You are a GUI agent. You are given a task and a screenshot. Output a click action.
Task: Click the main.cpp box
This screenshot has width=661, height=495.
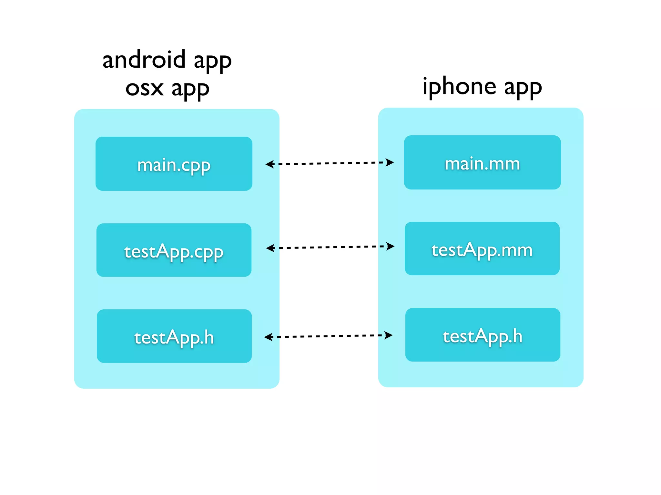(174, 164)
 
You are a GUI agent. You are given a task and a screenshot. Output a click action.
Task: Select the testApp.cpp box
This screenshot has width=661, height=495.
(174, 250)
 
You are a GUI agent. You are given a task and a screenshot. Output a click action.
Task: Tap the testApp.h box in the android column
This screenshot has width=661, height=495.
(174, 336)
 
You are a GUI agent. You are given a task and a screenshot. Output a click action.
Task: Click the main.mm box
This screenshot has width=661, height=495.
(482, 162)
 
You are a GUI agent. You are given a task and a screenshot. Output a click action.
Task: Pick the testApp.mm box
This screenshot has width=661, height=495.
(482, 248)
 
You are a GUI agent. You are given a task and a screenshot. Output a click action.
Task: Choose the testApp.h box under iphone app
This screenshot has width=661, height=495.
(483, 335)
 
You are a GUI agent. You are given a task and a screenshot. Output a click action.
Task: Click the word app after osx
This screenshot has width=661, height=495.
(190, 89)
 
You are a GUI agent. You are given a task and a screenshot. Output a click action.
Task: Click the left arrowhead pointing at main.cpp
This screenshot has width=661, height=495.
(269, 164)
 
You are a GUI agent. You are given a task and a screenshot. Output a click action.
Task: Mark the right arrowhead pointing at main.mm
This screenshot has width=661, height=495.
(390, 162)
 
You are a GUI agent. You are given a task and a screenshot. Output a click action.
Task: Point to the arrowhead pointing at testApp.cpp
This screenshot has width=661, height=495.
(270, 248)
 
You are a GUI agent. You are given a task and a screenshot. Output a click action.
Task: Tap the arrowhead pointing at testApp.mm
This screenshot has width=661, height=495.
(390, 246)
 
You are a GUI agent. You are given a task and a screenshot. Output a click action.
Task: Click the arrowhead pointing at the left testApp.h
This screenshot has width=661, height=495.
(269, 337)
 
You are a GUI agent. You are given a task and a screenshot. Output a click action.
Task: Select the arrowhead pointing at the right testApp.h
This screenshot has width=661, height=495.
(388, 335)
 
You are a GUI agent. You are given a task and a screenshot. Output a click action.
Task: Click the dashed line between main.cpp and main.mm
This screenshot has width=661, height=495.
(329, 163)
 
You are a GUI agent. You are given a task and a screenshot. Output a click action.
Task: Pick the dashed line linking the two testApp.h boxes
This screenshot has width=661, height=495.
(329, 336)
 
